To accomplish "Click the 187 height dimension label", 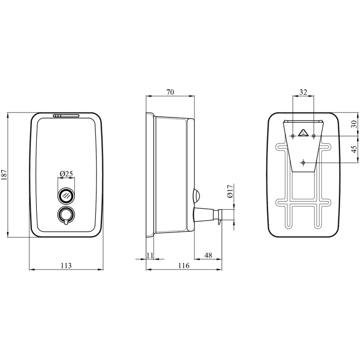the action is (5, 175).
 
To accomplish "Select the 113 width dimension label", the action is (66, 265).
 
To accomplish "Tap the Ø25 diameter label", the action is (66, 174).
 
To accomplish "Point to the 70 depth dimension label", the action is (170, 92).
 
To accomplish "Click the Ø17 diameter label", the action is (230, 191).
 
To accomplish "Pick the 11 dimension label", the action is (150, 255).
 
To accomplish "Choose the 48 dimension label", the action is (208, 255).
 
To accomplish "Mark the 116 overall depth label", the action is (184, 265).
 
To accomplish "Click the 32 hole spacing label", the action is (303, 92).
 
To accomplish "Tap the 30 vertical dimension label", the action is (355, 124).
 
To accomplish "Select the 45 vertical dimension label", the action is (355, 149).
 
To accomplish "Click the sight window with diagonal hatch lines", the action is (66, 195).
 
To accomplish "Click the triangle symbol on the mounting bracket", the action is (303, 133).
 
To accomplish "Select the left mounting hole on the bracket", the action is (293, 136).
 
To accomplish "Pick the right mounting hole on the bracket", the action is (314, 136).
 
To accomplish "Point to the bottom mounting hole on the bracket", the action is (303, 162).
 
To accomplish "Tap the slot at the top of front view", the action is (66, 116).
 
